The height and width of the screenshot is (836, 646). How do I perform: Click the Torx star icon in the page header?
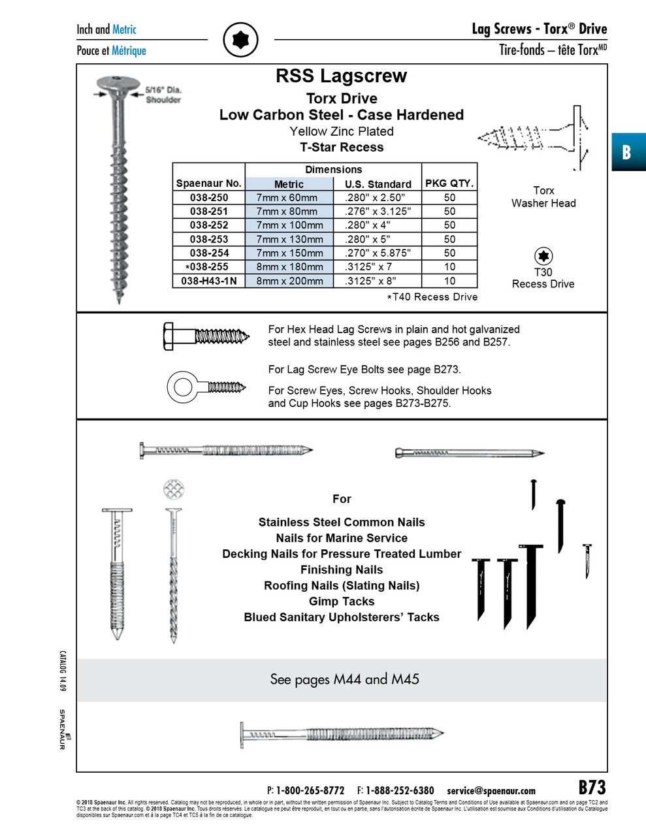click(x=240, y=40)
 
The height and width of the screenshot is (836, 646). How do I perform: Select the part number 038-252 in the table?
click(x=209, y=225)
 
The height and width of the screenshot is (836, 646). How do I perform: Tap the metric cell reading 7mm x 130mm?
click(x=289, y=239)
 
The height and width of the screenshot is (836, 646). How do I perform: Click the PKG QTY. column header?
click(x=449, y=184)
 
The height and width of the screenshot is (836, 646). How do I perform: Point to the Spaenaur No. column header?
click(x=209, y=184)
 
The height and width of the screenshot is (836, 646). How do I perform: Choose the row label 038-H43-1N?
click(x=209, y=281)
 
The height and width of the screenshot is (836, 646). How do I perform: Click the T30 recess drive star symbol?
click(x=543, y=256)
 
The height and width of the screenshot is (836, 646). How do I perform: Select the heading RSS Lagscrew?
click(x=341, y=76)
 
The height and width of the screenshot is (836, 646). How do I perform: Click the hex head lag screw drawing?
click(x=206, y=336)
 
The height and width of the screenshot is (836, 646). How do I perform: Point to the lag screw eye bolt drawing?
click(x=206, y=387)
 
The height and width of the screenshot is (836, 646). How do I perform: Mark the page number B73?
click(x=592, y=788)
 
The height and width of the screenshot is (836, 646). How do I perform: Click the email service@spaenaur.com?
click(x=491, y=791)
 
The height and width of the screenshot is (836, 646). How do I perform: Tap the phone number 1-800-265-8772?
click(x=310, y=791)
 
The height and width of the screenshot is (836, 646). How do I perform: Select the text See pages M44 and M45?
click(x=344, y=679)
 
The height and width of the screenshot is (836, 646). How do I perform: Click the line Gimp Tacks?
click(x=342, y=602)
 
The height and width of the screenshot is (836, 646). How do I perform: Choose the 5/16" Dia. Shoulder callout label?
click(x=163, y=95)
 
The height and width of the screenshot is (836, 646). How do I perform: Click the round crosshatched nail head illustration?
click(x=174, y=489)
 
